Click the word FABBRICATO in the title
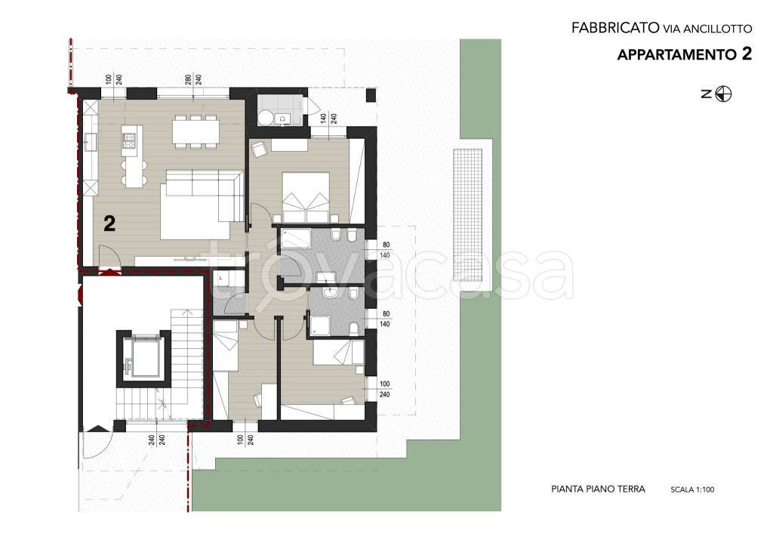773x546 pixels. (x=615, y=28)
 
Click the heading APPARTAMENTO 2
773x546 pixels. (x=684, y=54)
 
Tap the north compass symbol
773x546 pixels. (x=723, y=94)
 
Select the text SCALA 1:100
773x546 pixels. (x=692, y=490)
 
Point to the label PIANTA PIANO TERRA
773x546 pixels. (x=598, y=489)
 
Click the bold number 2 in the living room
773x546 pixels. (x=109, y=224)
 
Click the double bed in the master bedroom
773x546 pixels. (x=306, y=197)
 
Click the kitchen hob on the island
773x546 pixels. (x=129, y=140)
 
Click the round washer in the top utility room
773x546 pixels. (x=266, y=118)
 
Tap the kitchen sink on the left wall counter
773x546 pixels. (x=90, y=141)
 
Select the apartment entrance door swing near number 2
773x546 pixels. (x=109, y=257)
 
